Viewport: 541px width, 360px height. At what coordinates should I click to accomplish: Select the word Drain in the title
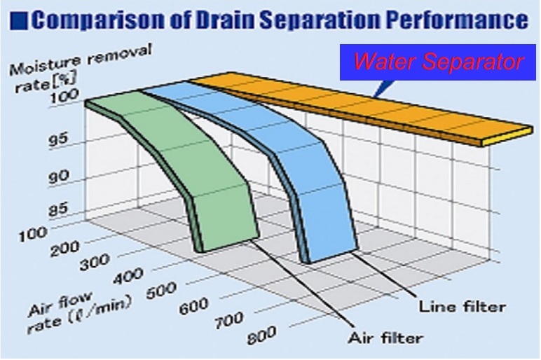226,20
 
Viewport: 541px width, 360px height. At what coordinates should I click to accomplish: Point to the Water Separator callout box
437,62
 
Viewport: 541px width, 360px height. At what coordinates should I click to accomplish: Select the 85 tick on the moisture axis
60,209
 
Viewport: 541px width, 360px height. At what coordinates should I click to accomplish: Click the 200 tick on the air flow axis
65,247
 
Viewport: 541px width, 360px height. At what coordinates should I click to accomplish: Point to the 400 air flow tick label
128,275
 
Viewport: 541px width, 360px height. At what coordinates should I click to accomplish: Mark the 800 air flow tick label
261,335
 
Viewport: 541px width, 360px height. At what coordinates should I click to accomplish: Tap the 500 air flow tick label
161,291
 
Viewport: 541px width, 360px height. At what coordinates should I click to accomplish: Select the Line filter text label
463,306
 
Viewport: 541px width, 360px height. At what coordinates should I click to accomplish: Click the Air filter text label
385,338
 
